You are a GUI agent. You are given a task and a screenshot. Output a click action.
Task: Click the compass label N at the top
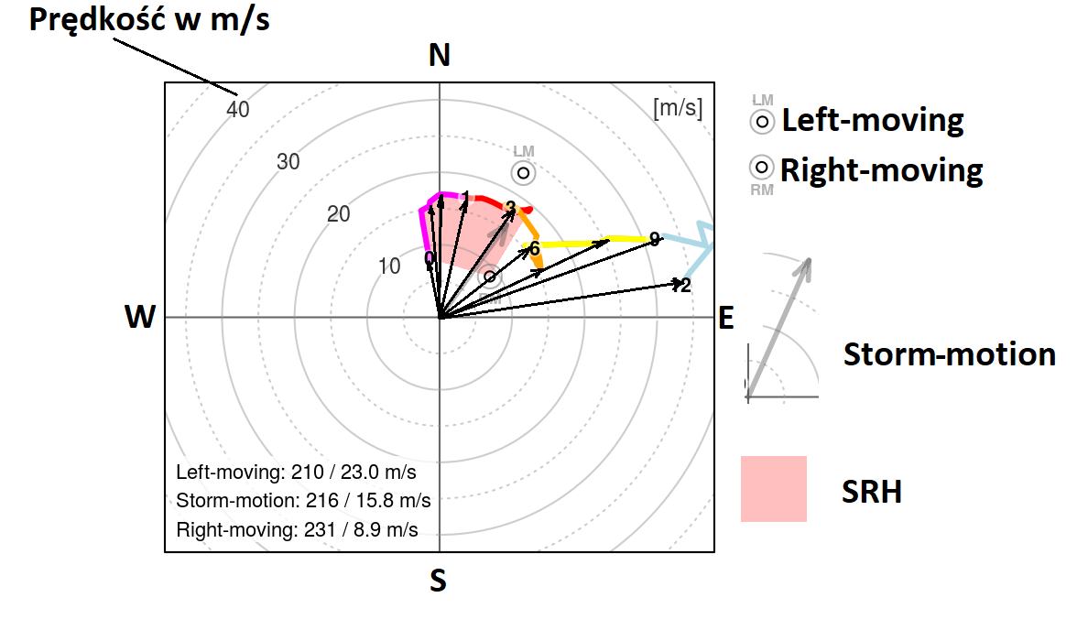(x=440, y=57)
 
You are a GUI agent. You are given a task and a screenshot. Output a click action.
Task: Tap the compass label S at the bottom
(x=439, y=581)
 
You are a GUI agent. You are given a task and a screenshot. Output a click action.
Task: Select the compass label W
(x=139, y=317)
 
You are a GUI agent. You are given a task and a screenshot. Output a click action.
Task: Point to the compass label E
(x=726, y=318)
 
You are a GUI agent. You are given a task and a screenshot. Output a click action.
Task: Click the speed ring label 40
(x=238, y=110)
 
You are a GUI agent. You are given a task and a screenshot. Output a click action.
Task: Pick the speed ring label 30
(x=288, y=162)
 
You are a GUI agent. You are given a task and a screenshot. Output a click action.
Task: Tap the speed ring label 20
(x=339, y=214)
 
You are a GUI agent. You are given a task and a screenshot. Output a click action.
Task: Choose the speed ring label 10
(x=390, y=266)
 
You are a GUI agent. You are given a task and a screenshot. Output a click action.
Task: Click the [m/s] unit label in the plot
(x=678, y=108)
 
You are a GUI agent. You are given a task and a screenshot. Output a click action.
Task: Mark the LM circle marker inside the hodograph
(x=523, y=172)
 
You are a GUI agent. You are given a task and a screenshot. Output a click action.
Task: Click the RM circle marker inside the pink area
(x=490, y=276)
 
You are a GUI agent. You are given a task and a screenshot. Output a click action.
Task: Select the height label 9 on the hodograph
(x=654, y=239)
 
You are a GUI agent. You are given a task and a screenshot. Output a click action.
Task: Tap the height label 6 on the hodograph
(x=534, y=247)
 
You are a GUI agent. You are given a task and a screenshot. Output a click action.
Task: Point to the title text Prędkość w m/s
(x=149, y=20)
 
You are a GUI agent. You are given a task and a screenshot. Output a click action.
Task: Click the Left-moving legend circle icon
(x=761, y=121)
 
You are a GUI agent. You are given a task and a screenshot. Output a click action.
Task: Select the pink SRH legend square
(x=774, y=489)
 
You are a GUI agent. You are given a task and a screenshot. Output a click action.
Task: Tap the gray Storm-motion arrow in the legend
(x=779, y=330)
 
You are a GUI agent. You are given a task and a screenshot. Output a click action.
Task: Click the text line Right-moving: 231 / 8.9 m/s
(x=297, y=530)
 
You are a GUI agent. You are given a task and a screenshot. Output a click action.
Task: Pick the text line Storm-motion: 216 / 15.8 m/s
(x=303, y=501)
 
